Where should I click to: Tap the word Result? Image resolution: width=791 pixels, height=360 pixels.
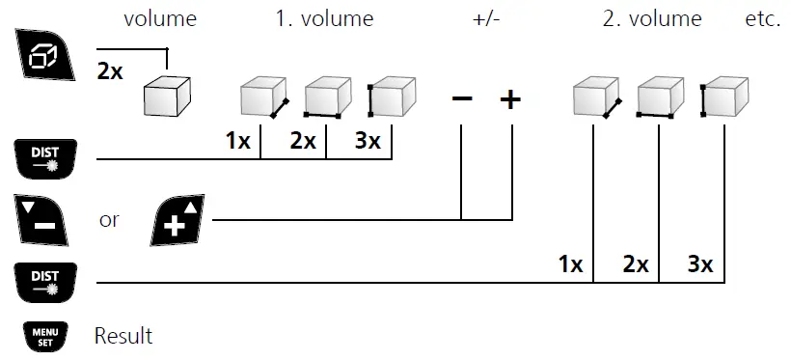(x=123, y=336)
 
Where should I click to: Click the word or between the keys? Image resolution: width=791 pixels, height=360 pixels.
(x=109, y=220)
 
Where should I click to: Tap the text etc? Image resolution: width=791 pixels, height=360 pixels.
(x=762, y=18)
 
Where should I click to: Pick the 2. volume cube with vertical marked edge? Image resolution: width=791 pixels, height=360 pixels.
(x=726, y=98)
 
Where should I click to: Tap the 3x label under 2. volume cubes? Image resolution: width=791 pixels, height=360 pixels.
(x=699, y=264)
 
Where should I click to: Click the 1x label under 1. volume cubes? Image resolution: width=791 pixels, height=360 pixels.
(x=237, y=141)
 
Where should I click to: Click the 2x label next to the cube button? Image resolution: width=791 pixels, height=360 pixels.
(x=111, y=71)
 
